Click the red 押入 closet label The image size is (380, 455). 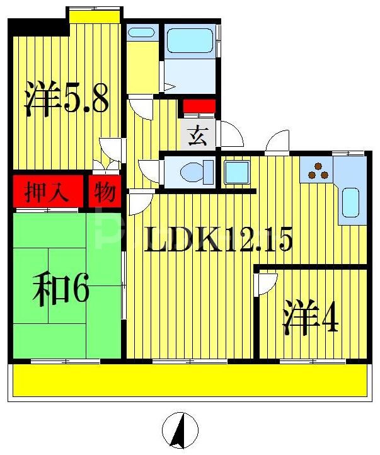click(47, 192)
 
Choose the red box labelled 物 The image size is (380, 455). click(105, 192)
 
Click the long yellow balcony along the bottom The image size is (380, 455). click(189, 381)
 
